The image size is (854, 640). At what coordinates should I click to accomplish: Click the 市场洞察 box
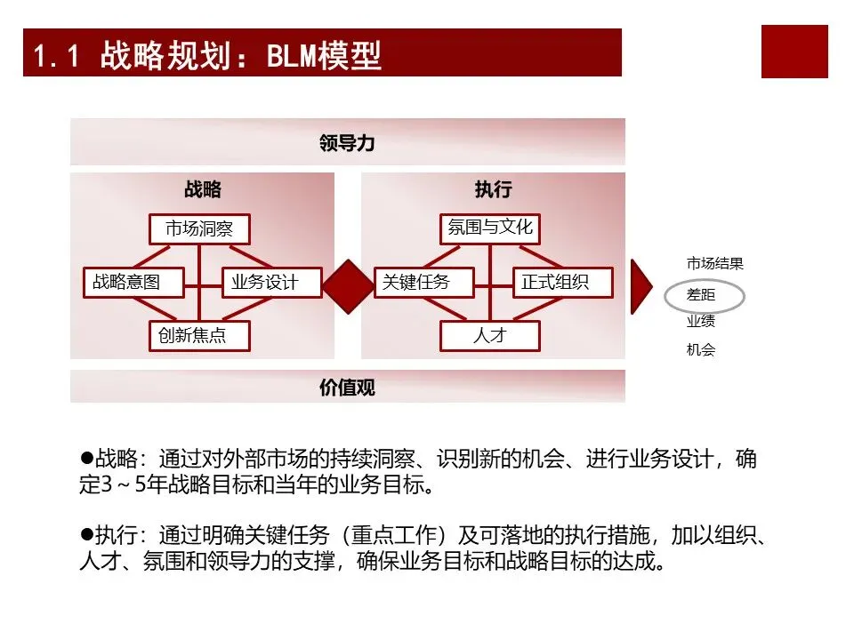(x=199, y=228)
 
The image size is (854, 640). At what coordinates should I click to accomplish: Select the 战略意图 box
(x=133, y=283)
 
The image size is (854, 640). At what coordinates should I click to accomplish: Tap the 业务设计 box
(x=263, y=283)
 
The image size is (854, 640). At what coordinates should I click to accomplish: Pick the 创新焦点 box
(x=199, y=336)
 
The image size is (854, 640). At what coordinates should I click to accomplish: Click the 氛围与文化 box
(x=490, y=228)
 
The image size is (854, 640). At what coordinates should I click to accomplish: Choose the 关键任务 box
(x=416, y=283)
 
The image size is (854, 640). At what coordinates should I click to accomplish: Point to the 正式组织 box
(x=563, y=283)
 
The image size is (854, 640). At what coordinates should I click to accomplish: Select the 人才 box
(x=490, y=336)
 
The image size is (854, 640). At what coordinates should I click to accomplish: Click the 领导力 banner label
(x=347, y=142)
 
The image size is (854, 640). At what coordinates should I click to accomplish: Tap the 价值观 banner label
(x=347, y=388)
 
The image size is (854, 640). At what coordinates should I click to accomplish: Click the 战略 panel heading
(x=203, y=189)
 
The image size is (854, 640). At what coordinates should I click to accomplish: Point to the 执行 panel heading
(x=493, y=189)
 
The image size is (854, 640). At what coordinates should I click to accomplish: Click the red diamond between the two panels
(x=347, y=283)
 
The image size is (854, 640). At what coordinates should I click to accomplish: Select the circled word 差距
(x=701, y=295)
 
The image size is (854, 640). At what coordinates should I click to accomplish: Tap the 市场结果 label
(x=714, y=264)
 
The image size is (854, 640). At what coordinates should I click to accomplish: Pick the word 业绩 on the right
(x=701, y=322)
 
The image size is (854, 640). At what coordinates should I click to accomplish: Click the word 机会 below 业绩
(x=701, y=350)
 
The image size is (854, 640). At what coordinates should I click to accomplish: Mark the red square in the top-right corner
(x=794, y=52)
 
